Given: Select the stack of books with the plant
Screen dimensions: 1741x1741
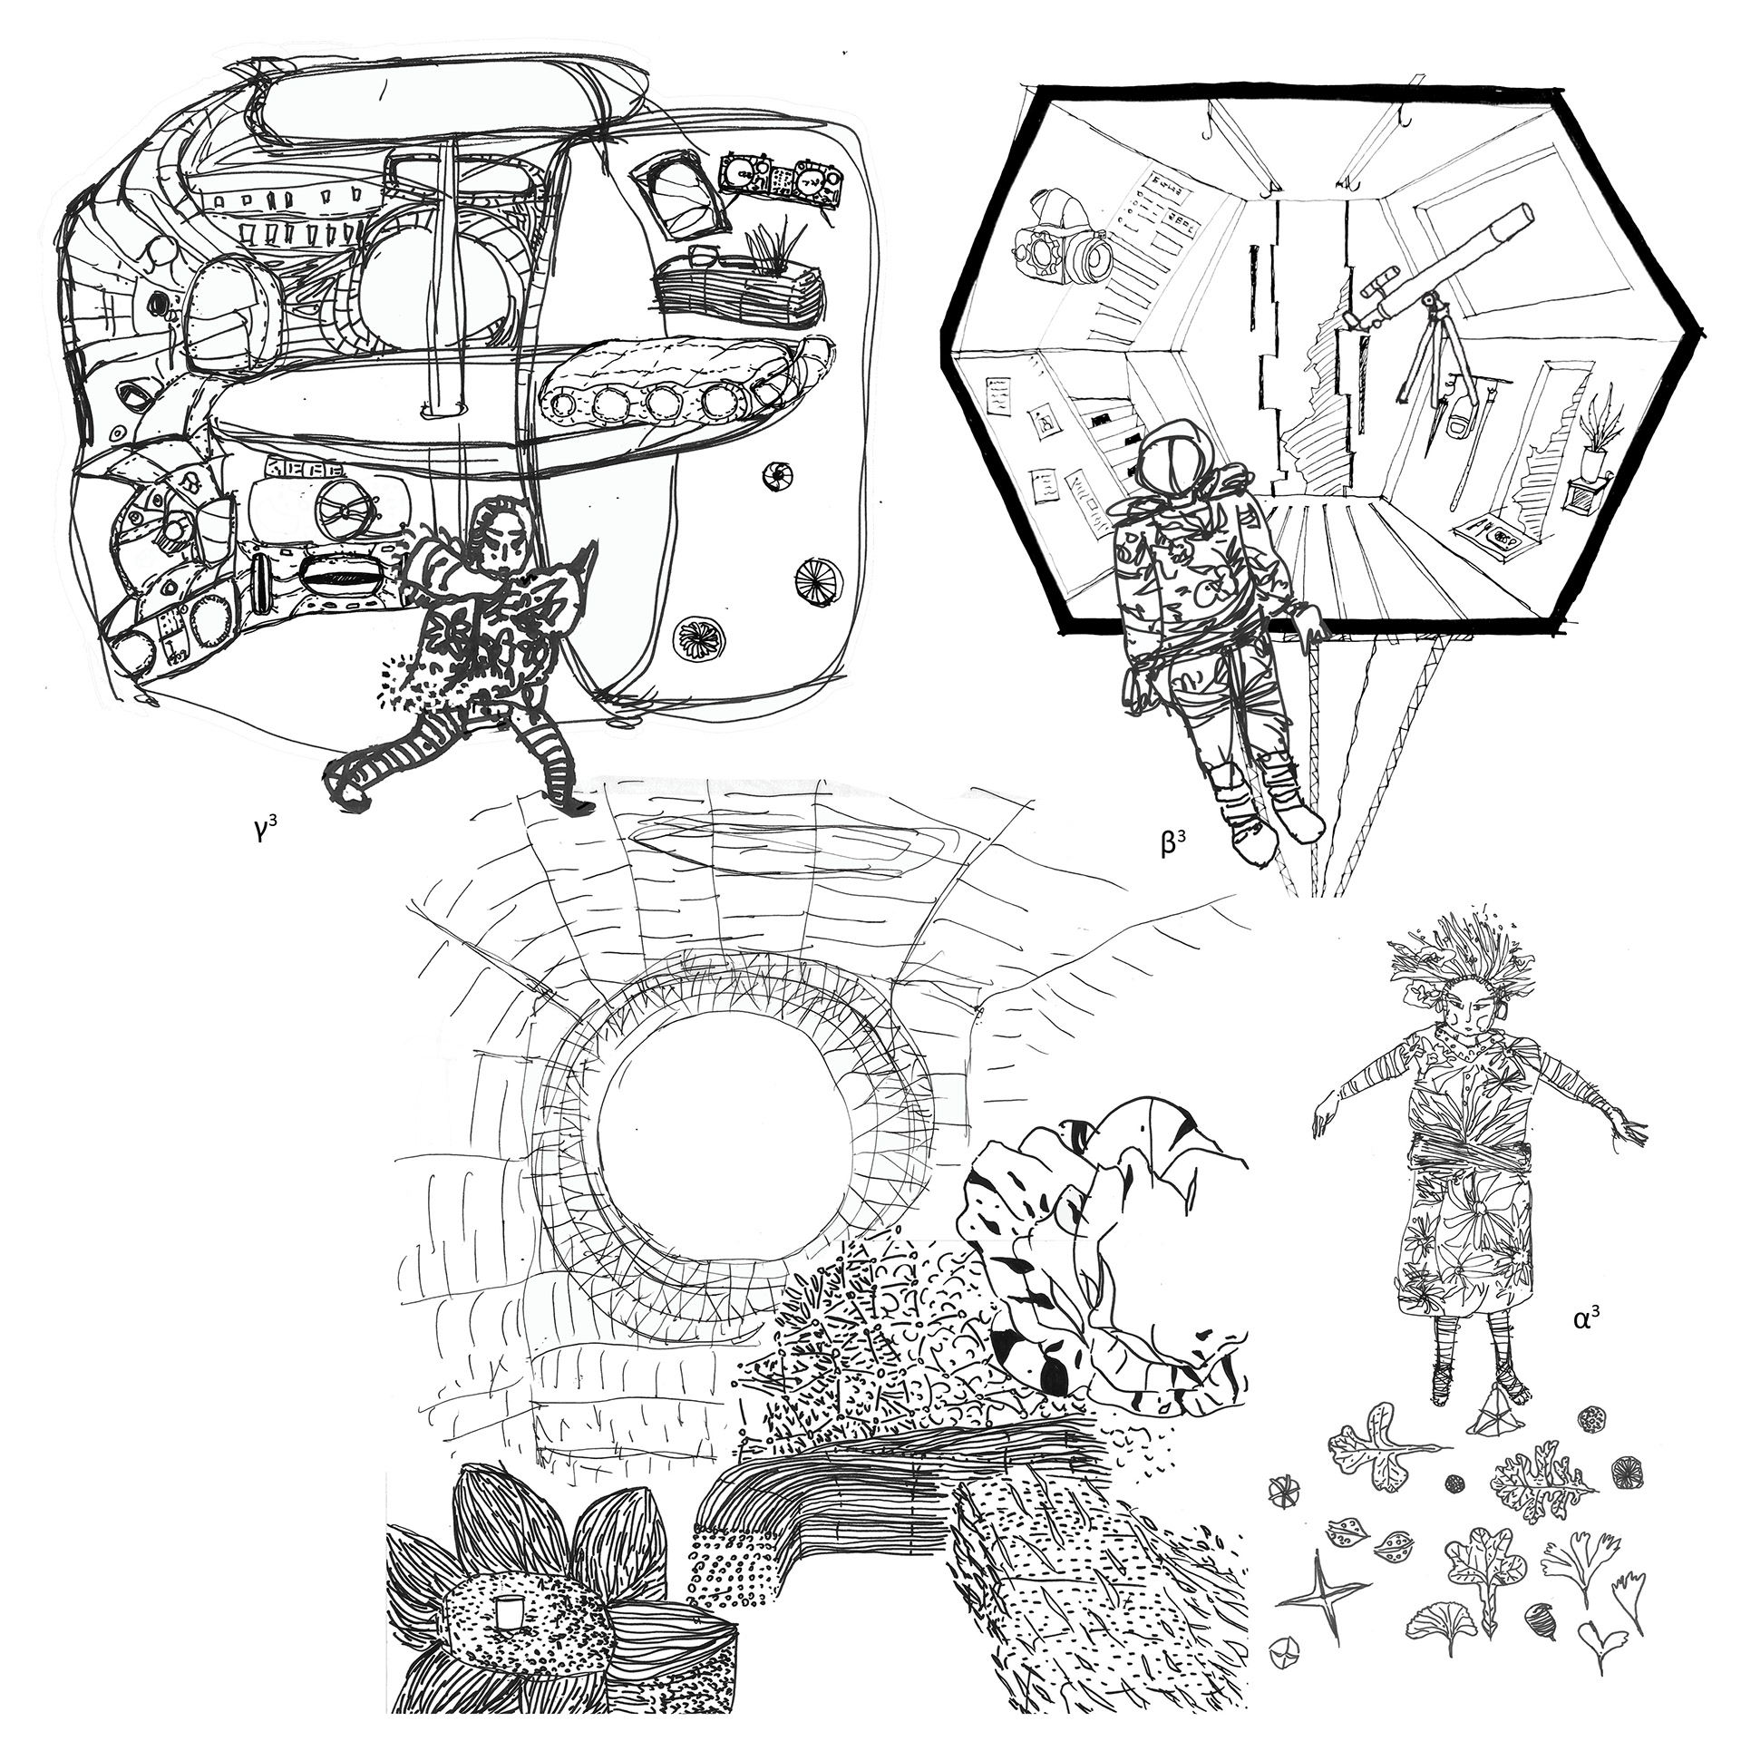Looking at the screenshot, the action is [x=738, y=289].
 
